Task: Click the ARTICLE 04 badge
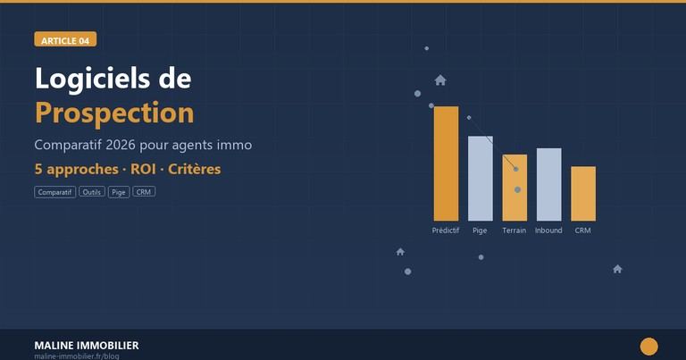coord(65,39)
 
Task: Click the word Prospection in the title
coord(114,113)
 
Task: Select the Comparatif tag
coord(55,192)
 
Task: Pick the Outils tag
coord(91,192)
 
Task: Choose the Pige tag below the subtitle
coord(119,192)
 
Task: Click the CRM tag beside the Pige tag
coord(144,192)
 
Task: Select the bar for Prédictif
coord(446,163)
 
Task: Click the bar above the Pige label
coord(481,179)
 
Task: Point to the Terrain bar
coord(514,188)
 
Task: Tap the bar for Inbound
coord(548,184)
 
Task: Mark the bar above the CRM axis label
coord(583,193)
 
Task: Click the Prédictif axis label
coord(446,230)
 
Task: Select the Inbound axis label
coord(548,230)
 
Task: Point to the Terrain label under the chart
coord(514,230)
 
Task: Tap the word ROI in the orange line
coord(143,169)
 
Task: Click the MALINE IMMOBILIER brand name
coord(87,345)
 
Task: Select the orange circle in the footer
coord(649,347)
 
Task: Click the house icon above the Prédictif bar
coord(440,80)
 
